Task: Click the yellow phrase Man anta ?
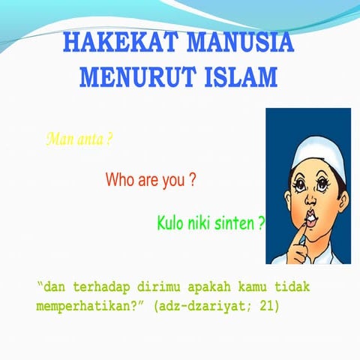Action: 79,139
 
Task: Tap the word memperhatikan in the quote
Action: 82,306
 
